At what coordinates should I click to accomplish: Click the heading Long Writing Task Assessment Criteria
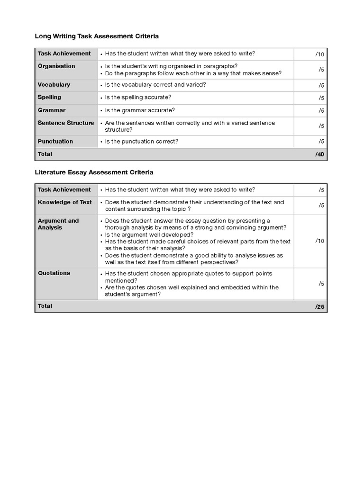[97, 36]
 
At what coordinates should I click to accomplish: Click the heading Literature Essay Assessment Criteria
[94, 172]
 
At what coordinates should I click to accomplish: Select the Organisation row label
[56, 66]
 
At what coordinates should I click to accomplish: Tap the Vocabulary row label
[54, 85]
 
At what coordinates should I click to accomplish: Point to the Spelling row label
[49, 97]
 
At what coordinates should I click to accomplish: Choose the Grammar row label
[52, 110]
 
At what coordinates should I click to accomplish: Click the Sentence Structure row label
[66, 123]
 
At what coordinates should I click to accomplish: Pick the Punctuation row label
[55, 141]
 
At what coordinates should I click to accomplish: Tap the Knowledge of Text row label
[65, 202]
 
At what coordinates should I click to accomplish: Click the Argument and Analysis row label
[58, 224]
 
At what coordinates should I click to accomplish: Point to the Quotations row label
[54, 273]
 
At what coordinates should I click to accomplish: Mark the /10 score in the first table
[319, 54]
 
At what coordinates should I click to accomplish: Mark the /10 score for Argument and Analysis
[319, 241]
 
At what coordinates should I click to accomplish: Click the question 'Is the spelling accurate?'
[138, 98]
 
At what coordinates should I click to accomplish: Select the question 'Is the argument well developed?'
[149, 234]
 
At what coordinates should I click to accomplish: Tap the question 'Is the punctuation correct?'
[142, 142]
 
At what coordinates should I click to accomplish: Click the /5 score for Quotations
[321, 284]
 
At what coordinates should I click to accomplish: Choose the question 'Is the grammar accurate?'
[140, 110]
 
